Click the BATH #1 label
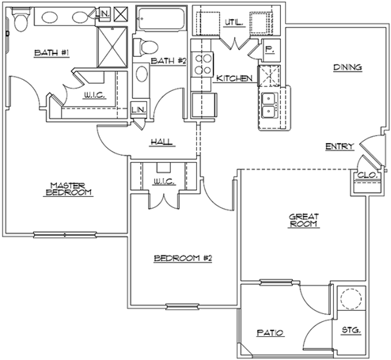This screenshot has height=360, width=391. (51, 53)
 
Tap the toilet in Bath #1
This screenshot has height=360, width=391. (21, 19)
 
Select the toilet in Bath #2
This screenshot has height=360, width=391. (145, 47)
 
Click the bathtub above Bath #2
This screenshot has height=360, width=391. (161, 19)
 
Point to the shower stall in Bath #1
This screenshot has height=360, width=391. (112, 47)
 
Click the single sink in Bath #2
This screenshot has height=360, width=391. (142, 74)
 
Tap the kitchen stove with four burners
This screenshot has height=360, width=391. (203, 64)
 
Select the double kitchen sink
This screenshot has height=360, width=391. (269, 105)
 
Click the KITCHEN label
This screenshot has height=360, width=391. (234, 78)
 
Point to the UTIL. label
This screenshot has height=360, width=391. (233, 23)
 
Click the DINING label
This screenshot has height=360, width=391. (347, 67)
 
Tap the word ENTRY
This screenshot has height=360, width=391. (340, 146)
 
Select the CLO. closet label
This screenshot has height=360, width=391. (367, 175)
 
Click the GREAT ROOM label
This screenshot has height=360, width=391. (304, 221)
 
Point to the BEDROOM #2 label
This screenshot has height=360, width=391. (183, 258)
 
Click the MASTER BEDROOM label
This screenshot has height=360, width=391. (68, 189)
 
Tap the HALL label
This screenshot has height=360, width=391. (161, 142)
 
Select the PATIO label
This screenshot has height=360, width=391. (270, 333)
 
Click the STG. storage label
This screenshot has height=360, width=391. (351, 330)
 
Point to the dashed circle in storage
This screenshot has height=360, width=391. (351, 298)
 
